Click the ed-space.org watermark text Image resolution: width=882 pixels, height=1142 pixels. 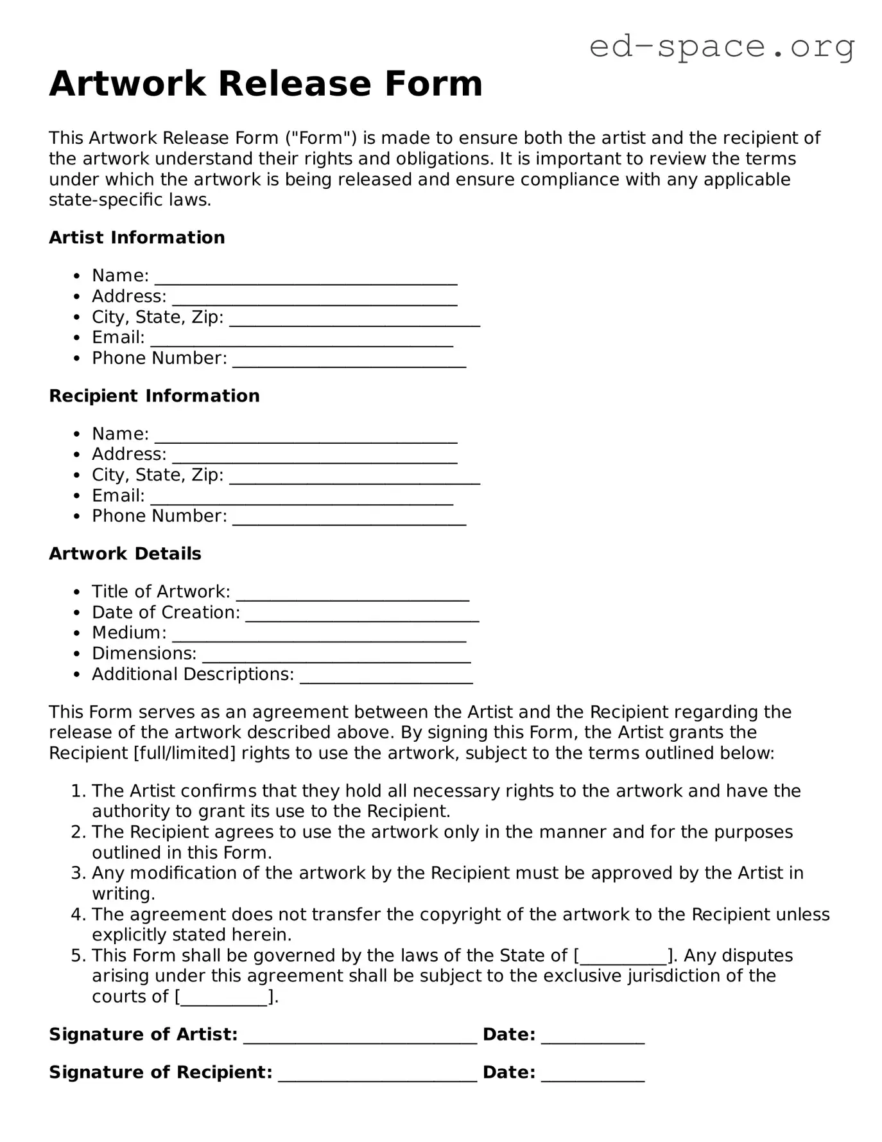click(x=722, y=46)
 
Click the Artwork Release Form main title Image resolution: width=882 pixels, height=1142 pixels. click(x=266, y=84)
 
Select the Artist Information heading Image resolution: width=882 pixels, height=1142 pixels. click(x=137, y=238)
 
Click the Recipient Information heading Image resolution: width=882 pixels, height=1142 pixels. click(x=154, y=396)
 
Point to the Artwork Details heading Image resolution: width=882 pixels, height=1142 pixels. click(x=125, y=554)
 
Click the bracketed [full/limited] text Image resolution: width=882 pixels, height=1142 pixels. click(x=184, y=753)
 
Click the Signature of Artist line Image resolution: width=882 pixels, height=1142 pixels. click(x=360, y=1038)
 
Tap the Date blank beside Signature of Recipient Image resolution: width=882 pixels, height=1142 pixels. click(x=592, y=1076)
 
